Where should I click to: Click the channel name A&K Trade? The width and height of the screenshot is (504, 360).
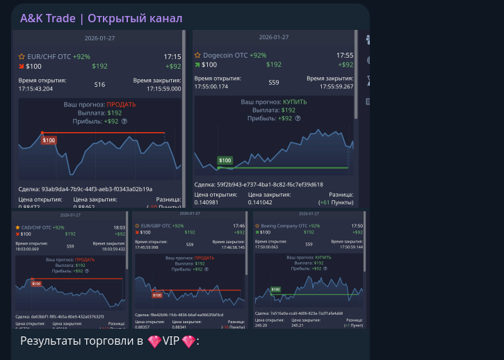point(47,18)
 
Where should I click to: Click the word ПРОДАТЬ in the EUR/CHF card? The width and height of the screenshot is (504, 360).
point(121,104)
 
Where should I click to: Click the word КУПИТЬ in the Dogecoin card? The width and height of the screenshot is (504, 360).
point(294,101)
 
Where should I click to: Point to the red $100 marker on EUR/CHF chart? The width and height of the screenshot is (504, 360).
point(49,140)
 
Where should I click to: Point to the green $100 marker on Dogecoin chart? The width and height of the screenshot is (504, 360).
point(225,161)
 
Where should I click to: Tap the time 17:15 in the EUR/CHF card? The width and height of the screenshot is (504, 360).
point(172,56)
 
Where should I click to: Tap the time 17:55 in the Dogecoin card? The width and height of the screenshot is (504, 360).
point(345,55)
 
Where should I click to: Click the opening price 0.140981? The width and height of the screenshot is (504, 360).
point(209,203)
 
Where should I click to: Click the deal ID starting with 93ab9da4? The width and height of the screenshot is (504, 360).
point(86,189)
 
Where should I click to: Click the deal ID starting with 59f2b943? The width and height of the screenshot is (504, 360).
point(259,184)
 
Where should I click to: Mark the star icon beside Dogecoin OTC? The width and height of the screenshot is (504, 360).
point(197,55)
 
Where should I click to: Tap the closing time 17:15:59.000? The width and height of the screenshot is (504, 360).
point(163,88)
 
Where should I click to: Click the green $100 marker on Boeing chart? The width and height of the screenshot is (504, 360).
point(275,289)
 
